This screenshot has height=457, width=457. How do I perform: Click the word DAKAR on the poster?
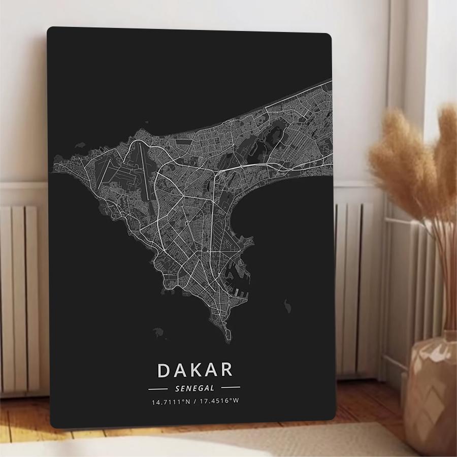tap(195, 370)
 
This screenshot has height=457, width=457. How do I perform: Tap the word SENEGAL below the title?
tap(194, 388)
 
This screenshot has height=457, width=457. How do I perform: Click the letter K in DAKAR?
tap(195, 370)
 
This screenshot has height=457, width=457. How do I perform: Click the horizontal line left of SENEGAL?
tap(157, 389)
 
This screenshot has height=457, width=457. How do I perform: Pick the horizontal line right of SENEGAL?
tap(231, 389)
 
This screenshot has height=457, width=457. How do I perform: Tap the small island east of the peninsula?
tap(288, 306)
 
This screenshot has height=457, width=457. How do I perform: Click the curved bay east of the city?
tap(264, 213)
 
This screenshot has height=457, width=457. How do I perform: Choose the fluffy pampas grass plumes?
tap(411, 162)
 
